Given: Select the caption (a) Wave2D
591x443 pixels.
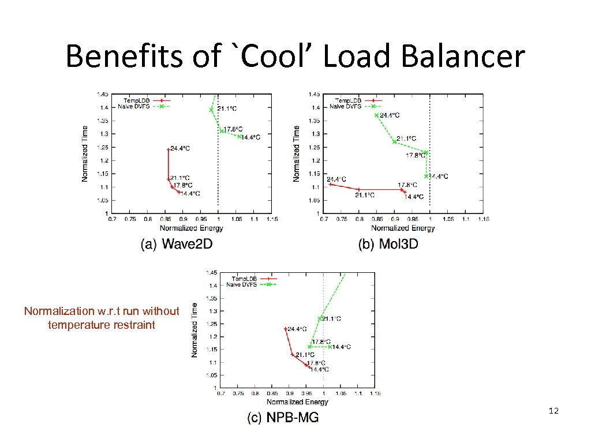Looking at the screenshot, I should (177, 244).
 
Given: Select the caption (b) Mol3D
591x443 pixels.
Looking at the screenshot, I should (388, 244).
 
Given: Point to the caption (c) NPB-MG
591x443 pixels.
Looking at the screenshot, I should (283, 418).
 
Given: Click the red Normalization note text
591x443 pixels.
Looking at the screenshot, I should (102, 318).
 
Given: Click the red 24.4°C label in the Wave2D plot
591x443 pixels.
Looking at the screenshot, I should (180, 148).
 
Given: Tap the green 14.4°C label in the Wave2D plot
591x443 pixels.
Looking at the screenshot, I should (250, 137).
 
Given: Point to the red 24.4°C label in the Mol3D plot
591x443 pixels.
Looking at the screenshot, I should (336, 179).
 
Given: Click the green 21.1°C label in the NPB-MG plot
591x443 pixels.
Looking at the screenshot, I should (331, 318).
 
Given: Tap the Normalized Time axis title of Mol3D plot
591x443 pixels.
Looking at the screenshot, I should (297, 154).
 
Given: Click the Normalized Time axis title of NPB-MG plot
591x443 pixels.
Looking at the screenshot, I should (194, 329).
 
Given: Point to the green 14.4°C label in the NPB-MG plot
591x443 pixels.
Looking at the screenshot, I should (341, 347).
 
